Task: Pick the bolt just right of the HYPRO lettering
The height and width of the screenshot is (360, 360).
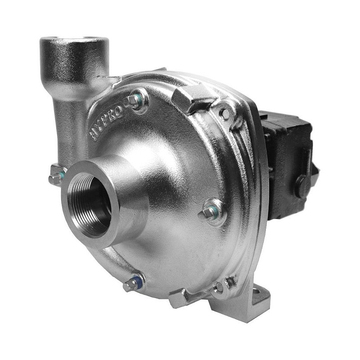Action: point(133,100)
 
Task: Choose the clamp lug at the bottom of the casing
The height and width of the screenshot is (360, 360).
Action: point(184,297)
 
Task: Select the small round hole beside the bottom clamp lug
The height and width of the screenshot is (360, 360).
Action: point(219,286)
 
